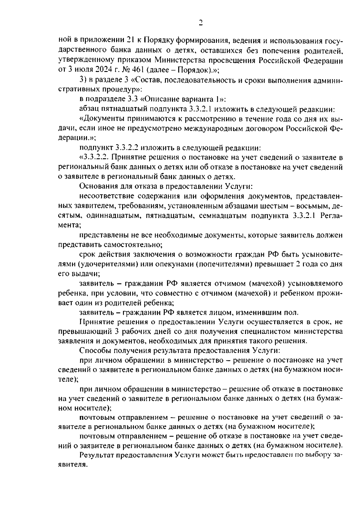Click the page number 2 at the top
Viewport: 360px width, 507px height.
coord(200,23)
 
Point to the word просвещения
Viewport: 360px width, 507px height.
coord(238,60)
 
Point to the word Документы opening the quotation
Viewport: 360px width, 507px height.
coord(101,119)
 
